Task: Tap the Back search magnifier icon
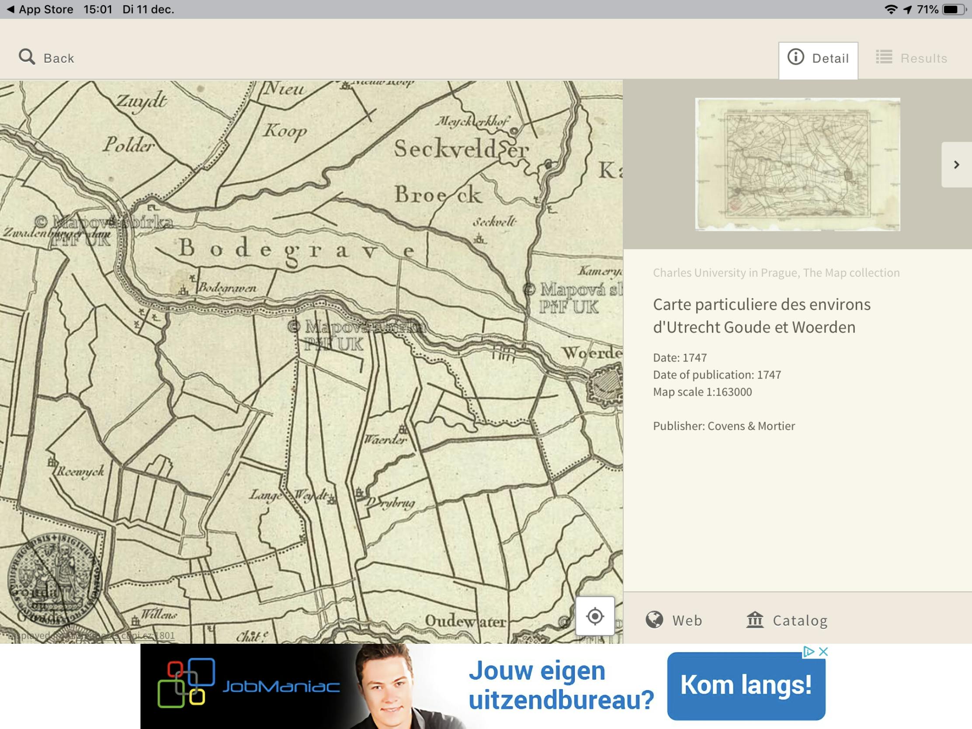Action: click(x=27, y=57)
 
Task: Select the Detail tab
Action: click(x=818, y=59)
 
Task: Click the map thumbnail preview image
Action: click(x=797, y=164)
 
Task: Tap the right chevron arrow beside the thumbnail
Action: click(x=956, y=165)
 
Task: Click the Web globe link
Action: click(x=674, y=620)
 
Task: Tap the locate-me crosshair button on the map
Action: click(x=595, y=616)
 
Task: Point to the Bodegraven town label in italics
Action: click(x=227, y=288)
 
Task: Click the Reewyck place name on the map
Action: click(x=80, y=472)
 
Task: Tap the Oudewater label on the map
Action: click(x=465, y=621)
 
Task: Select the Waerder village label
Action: click(x=385, y=439)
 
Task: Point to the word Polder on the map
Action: click(x=129, y=145)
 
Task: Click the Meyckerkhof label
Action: click(x=472, y=121)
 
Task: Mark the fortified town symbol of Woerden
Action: click(x=605, y=385)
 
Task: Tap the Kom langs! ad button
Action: click(x=746, y=685)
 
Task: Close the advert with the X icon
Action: click(x=823, y=651)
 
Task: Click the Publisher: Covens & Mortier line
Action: click(x=724, y=426)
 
